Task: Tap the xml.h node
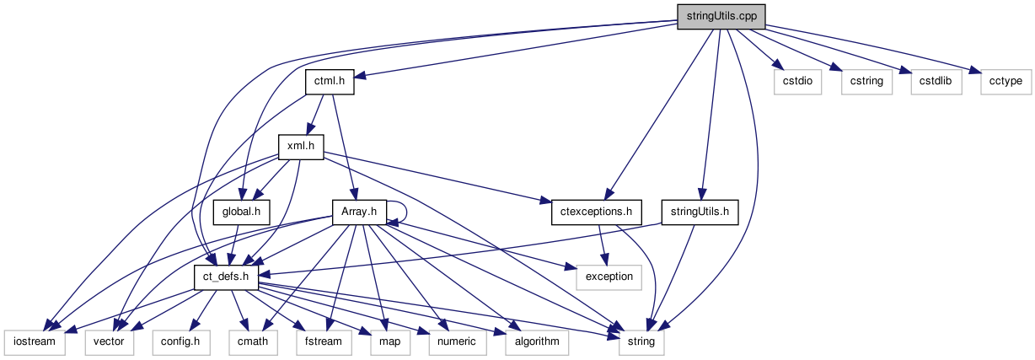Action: point(301,146)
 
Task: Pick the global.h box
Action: point(241,211)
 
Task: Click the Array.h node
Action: point(359,211)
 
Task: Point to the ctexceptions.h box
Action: point(596,211)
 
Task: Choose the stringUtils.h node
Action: point(700,211)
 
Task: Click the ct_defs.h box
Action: point(227,276)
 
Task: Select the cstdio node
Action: point(796,81)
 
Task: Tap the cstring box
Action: point(866,81)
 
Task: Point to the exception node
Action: point(609,276)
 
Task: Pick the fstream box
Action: point(317,341)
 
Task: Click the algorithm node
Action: point(535,341)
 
